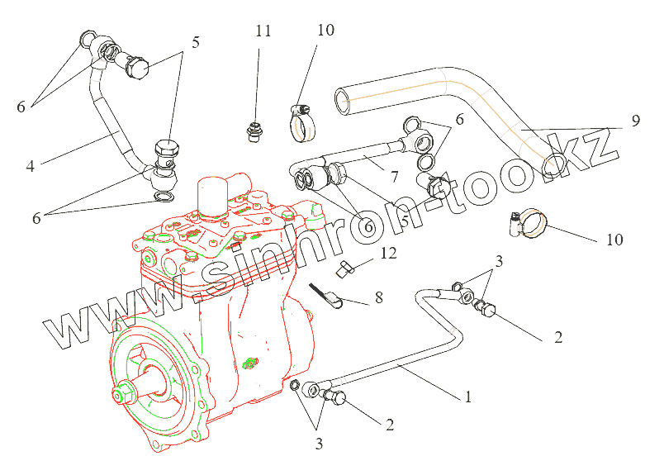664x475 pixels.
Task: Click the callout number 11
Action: (x=263, y=31)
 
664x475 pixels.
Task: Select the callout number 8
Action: (x=378, y=297)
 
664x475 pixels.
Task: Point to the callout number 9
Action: (x=635, y=121)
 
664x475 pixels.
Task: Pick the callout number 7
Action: (x=395, y=178)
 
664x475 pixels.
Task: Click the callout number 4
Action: (x=30, y=166)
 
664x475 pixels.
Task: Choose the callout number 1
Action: (x=467, y=397)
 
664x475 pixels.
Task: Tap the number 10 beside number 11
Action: (x=325, y=31)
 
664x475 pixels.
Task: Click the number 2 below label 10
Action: (x=558, y=337)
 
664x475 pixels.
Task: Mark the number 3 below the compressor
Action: (x=319, y=444)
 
